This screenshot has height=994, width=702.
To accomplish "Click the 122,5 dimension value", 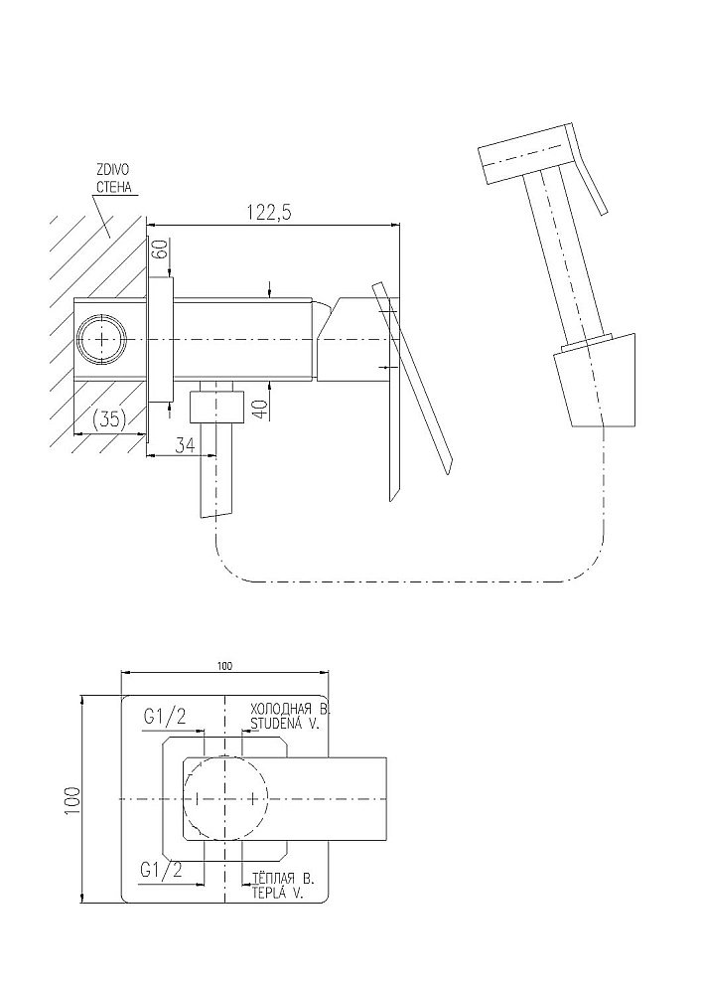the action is tap(269, 213).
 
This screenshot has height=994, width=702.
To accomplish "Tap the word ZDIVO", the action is tap(112, 170).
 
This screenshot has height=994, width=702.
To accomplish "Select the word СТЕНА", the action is tap(113, 187).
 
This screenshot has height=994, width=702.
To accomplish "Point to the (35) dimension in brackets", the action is tap(109, 419).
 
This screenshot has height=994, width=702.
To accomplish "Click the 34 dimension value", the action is tap(185, 444).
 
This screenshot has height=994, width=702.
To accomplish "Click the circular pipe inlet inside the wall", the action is tap(102, 340).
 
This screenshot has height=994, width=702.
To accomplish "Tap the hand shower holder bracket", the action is tap(595, 382).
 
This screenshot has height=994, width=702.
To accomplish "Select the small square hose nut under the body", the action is tap(217, 407).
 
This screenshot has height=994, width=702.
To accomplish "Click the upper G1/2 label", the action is tap(165, 718).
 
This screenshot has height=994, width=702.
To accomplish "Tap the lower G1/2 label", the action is tap(161, 871).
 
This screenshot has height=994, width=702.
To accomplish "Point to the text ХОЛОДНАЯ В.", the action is tap(291, 709).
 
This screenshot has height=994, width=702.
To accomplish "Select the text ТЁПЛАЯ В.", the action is tap(283, 879).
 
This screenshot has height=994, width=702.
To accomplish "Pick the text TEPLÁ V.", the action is tap(277, 894).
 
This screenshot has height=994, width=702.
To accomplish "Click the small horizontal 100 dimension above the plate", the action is tap(224, 666).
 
